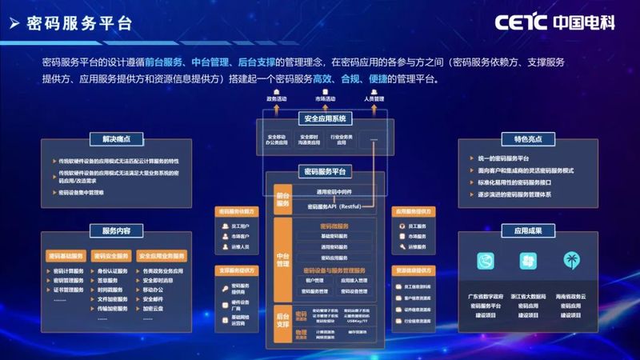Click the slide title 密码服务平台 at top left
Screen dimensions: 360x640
[x=78, y=23]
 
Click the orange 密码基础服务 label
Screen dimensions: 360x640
[x=66, y=256]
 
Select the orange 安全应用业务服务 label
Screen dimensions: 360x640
[x=162, y=256]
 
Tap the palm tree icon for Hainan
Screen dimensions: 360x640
[x=570, y=262]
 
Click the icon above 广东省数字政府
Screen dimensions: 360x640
[x=485, y=262]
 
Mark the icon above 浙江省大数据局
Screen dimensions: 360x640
[x=528, y=262]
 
